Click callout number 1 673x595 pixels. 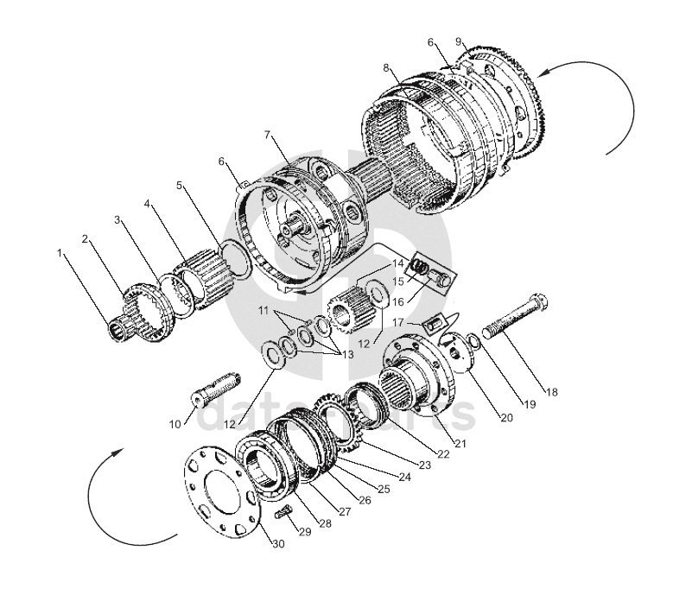pyautogui.click(x=60, y=253)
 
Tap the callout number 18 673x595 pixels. pyautogui.click(x=551, y=392)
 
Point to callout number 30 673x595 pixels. pyautogui.click(x=278, y=544)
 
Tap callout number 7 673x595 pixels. pyautogui.click(x=268, y=135)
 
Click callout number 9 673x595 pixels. pyautogui.click(x=459, y=41)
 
